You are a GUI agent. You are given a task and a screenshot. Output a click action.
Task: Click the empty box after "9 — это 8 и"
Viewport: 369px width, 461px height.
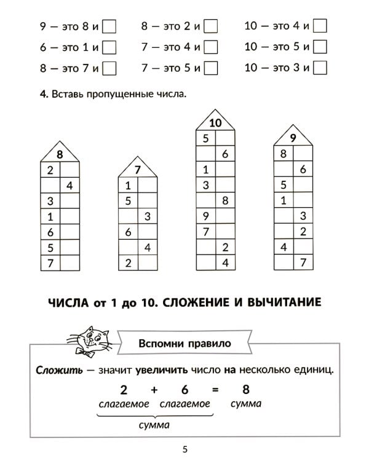[109, 26]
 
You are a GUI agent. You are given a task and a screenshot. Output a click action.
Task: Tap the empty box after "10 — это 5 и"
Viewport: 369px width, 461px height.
[319, 47]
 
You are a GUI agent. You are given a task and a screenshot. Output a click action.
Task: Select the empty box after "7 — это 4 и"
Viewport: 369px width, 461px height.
[211, 47]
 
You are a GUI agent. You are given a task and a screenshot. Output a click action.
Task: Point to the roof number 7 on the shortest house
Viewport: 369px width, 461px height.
[137, 169]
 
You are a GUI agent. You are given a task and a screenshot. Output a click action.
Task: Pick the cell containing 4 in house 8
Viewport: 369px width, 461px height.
[69, 185]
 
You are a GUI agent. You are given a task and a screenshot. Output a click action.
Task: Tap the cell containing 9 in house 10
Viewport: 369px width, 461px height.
[205, 216]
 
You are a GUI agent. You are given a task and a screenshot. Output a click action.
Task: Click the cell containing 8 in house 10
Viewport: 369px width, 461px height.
[225, 200]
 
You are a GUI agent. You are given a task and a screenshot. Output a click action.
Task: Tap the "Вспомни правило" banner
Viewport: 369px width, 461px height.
[184, 344]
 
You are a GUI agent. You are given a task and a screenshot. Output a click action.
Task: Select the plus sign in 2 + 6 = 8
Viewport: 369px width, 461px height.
[154, 389]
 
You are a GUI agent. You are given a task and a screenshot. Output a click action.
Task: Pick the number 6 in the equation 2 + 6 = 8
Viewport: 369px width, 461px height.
[184, 389]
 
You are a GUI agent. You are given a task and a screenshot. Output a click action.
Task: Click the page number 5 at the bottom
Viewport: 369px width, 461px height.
[184, 449]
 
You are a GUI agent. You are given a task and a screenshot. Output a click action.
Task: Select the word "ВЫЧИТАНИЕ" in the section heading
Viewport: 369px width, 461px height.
[287, 302]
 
